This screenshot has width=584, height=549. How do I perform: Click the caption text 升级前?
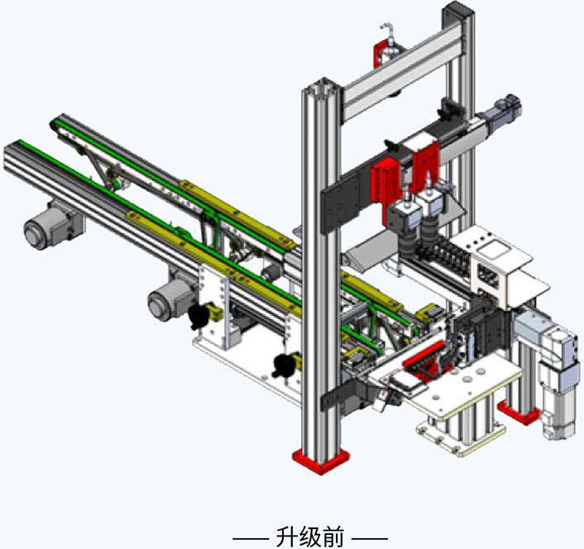pyautogui.click(x=310, y=537)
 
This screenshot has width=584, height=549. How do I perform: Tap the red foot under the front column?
pyautogui.click(x=321, y=461)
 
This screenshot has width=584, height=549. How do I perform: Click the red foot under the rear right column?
pyautogui.click(x=519, y=413)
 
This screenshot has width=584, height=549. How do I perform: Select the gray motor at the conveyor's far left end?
pyautogui.click(x=52, y=226)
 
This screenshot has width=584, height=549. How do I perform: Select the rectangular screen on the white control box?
pyautogui.click(x=495, y=249)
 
